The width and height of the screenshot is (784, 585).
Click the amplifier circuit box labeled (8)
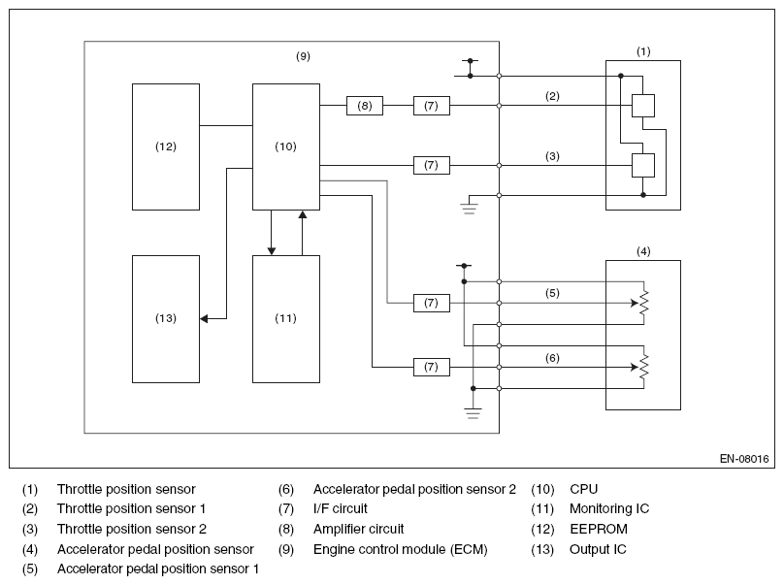(365, 106)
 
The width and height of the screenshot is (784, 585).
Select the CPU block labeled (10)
(286, 146)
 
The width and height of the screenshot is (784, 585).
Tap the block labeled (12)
(166, 146)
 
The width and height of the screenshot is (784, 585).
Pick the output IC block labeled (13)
(166, 319)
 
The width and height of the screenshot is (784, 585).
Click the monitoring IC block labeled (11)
(286, 319)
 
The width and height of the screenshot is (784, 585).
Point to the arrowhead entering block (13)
(204, 318)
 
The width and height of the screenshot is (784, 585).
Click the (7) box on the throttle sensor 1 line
(432, 106)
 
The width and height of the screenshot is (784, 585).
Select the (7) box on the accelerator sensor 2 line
(432, 367)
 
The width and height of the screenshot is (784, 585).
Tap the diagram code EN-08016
(744, 459)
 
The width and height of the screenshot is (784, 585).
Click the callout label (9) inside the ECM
(303, 56)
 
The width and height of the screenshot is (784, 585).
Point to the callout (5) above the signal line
(552, 293)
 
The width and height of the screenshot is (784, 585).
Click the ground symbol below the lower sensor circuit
(473, 413)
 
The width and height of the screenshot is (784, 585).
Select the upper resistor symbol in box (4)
(644, 303)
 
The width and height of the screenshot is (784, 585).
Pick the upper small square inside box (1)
(643, 106)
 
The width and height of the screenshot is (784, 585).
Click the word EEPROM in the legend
(599, 529)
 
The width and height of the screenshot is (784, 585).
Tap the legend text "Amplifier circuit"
(358, 529)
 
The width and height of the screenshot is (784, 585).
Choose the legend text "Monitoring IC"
(609, 508)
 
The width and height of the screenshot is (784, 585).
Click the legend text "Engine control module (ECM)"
(400, 549)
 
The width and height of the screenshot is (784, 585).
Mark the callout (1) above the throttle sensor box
(643, 51)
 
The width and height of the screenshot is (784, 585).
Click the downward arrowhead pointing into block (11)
(272, 251)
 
